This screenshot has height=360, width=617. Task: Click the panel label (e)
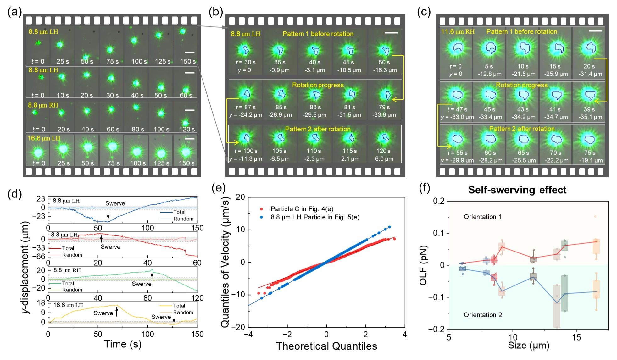coord(218,188)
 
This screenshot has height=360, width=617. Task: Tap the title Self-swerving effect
coord(517,190)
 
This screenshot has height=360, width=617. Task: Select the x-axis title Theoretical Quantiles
coord(326,346)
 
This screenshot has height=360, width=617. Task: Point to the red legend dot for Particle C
coord(261,209)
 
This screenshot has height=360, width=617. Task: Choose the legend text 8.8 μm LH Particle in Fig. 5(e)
coord(315,217)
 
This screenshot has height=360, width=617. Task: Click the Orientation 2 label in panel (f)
coord(483,315)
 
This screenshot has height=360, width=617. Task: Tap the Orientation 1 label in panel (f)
coord(483,217)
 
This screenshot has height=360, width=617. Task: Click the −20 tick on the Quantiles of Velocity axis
coord(238,327)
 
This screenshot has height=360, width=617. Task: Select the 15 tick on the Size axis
coord(576,337)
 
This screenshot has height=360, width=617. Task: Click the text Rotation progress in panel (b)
coord(318,85)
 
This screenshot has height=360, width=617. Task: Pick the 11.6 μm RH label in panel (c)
coord(458,32)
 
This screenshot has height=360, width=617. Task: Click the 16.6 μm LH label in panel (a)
coord(44,138)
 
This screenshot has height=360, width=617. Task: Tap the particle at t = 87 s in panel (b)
coord(246,94)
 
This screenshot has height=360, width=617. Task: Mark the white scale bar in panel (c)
coord(595,31)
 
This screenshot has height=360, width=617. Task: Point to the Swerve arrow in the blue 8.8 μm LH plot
coord(108,215)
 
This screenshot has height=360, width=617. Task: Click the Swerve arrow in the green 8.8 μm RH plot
coord(152,276)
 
